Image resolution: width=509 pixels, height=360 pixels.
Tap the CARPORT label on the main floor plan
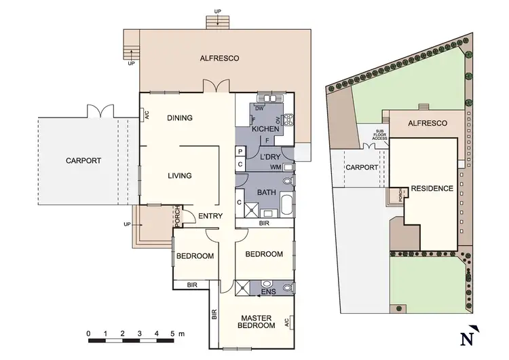83,161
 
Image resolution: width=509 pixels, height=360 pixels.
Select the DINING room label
180,118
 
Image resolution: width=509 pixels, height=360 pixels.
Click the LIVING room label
180,176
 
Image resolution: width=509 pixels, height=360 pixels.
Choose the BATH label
266,193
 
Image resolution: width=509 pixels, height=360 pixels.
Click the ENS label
267,293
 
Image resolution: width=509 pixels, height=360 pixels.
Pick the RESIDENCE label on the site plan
432,188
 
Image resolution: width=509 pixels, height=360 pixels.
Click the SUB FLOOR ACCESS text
379,134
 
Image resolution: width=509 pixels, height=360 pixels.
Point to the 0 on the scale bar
89,334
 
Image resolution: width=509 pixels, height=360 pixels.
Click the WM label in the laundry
275,167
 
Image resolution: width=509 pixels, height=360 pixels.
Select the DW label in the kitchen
259,109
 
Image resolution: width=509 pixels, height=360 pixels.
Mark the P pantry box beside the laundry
240,151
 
